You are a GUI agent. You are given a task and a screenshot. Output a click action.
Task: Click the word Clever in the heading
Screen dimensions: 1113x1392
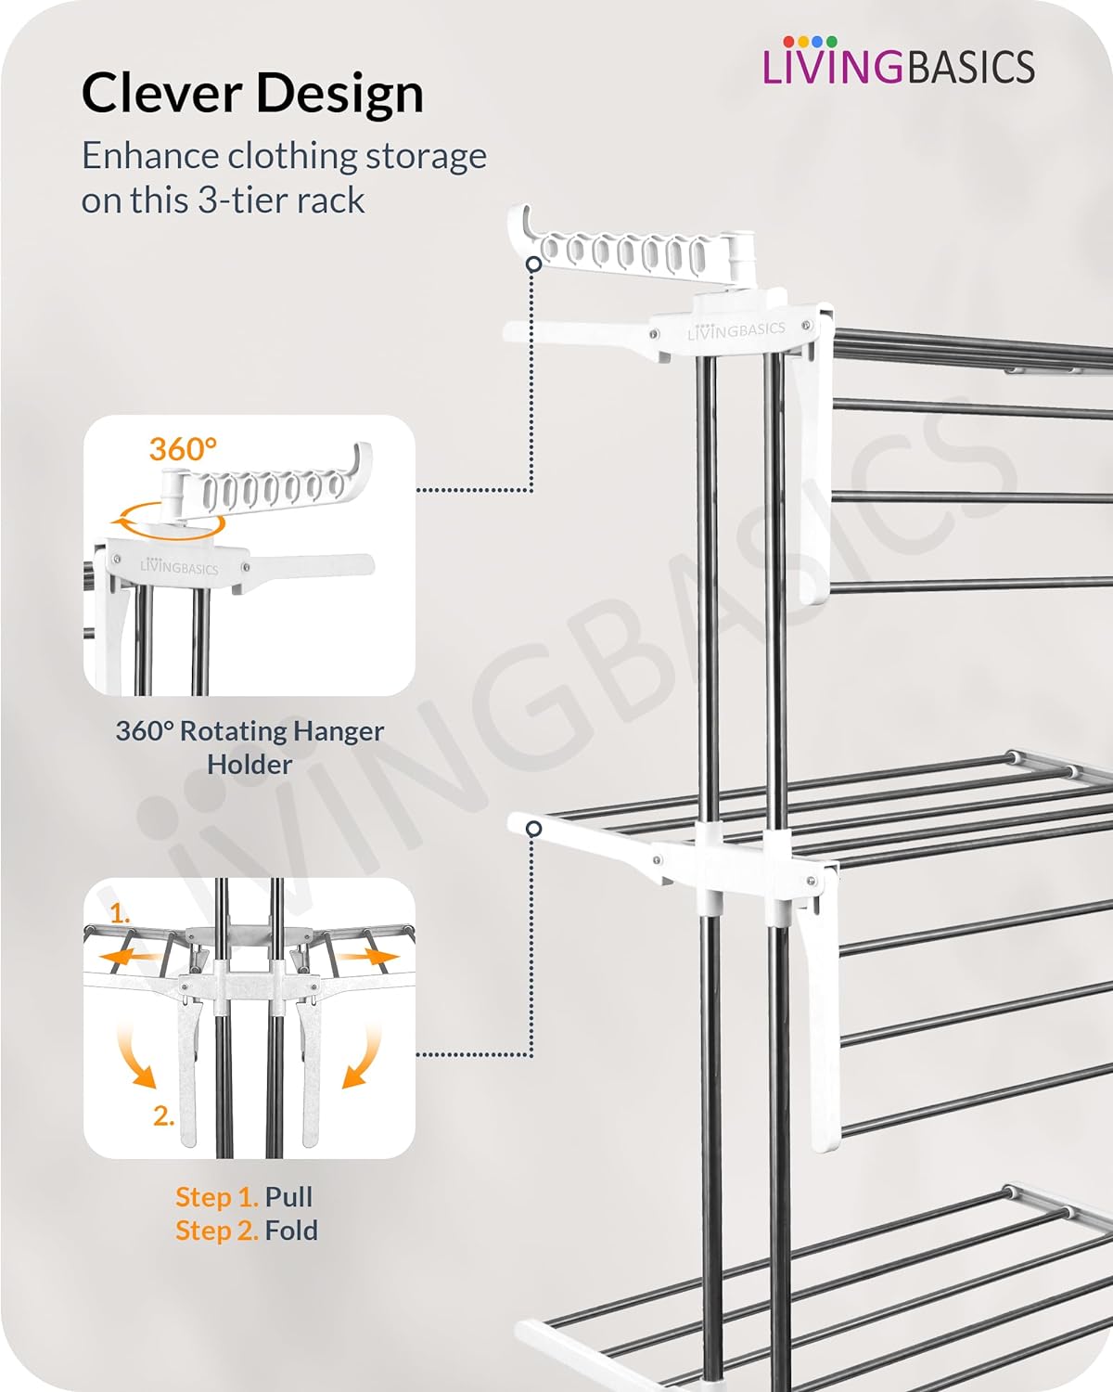coord(161,93)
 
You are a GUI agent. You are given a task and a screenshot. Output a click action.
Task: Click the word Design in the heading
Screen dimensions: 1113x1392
coord(340,95)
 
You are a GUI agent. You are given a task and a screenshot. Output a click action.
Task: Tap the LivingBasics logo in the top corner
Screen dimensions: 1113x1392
coord(899,61)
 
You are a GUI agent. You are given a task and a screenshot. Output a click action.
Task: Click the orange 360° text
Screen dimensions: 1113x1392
coord(183,449)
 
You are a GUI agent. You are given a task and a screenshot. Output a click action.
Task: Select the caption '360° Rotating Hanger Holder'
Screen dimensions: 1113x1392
coord(249,748)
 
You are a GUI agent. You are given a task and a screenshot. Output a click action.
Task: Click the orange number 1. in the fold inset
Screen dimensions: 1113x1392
coord(120,913)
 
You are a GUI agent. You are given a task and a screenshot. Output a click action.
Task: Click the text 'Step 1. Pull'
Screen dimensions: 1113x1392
coord(244,1196)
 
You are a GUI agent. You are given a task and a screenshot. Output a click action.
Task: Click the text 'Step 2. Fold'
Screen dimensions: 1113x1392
coord(247,1231)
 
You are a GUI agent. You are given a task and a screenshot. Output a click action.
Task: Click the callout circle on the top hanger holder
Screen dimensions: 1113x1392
coord(534,264)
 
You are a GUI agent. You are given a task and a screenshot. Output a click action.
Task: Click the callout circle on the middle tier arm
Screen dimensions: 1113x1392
coord(534,829)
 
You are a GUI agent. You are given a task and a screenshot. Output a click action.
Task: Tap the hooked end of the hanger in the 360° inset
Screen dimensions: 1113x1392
coord(361,460)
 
